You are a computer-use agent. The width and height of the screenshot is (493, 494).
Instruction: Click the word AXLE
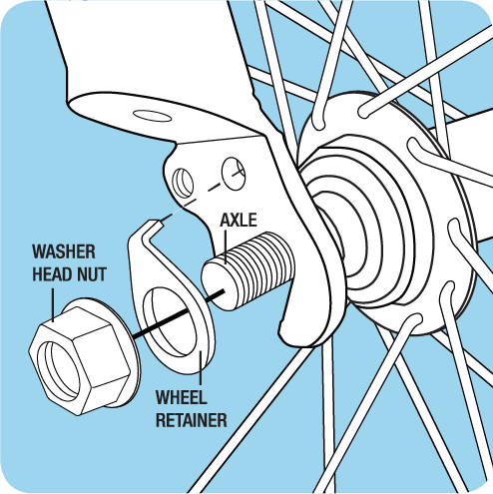tap(239, 221)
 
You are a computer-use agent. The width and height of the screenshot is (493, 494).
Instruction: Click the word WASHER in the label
tap(64, 251)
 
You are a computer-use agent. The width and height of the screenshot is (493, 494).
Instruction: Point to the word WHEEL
tap(182, 397)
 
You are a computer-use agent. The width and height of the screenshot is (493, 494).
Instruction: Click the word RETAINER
tap(192, 420)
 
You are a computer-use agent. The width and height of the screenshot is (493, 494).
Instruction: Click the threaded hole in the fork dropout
tap(183, 183)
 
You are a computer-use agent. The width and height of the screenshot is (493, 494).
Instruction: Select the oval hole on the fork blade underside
tap(152, 116)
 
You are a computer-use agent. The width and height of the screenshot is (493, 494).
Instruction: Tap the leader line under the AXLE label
tap(226, 247)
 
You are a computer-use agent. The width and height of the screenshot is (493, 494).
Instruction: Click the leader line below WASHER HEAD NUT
tap(53, 305)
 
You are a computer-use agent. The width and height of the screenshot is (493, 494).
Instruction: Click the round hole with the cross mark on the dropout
tap(234, 174)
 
